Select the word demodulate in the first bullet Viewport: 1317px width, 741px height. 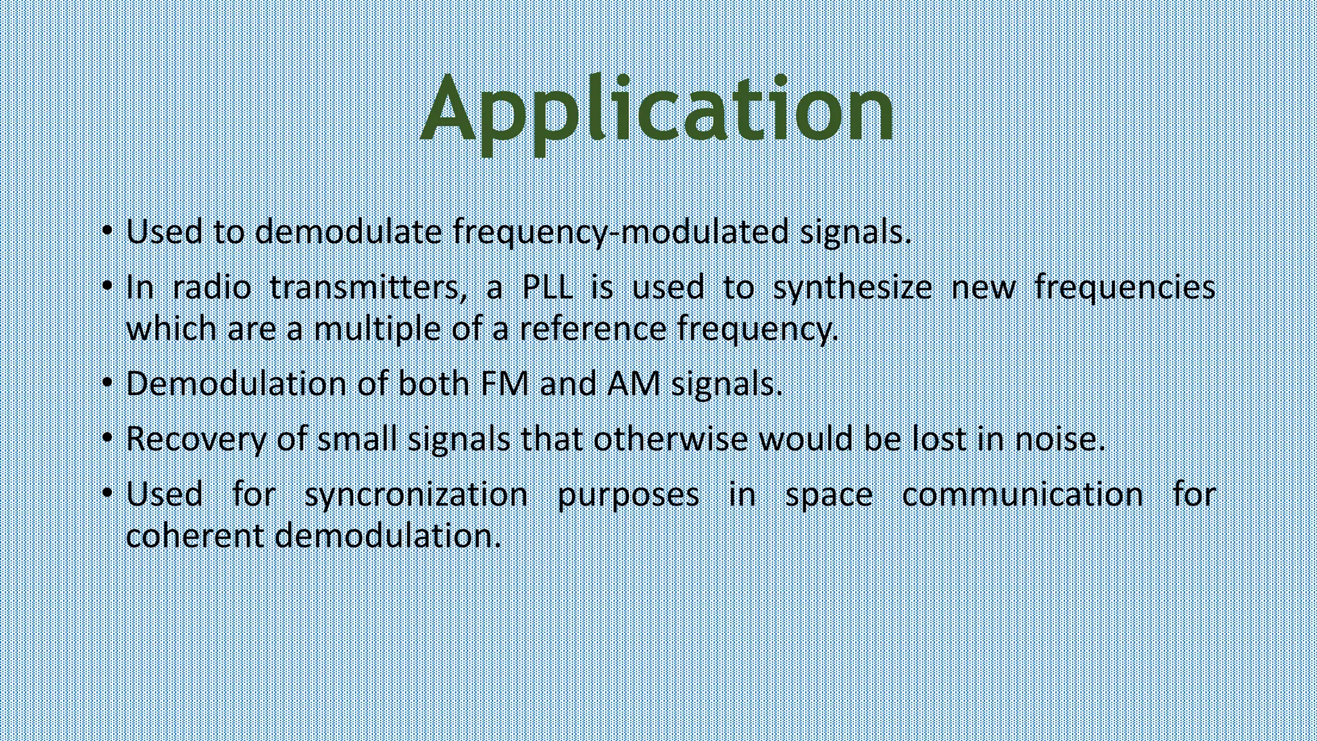click(348, 232)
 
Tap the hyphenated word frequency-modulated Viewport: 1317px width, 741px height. click(621, 232)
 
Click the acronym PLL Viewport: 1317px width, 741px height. click(547, 287)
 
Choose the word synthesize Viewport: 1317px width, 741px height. click(851, 287)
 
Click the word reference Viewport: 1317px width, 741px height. click(592, 329)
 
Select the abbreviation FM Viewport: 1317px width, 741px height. click(504, 384)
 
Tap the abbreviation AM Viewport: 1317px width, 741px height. click(633, 384)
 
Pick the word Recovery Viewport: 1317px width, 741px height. click(195, 439)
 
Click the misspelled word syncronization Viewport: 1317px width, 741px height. click(416, 495)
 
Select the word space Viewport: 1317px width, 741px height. click(829, 495)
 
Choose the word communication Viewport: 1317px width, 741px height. click(1022, 495)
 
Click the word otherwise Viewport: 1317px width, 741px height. click(671, 439)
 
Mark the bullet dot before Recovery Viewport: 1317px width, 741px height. click(107, 438)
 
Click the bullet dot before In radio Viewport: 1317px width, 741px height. click(107, 285)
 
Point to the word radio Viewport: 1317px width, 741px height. click(212, 287)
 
